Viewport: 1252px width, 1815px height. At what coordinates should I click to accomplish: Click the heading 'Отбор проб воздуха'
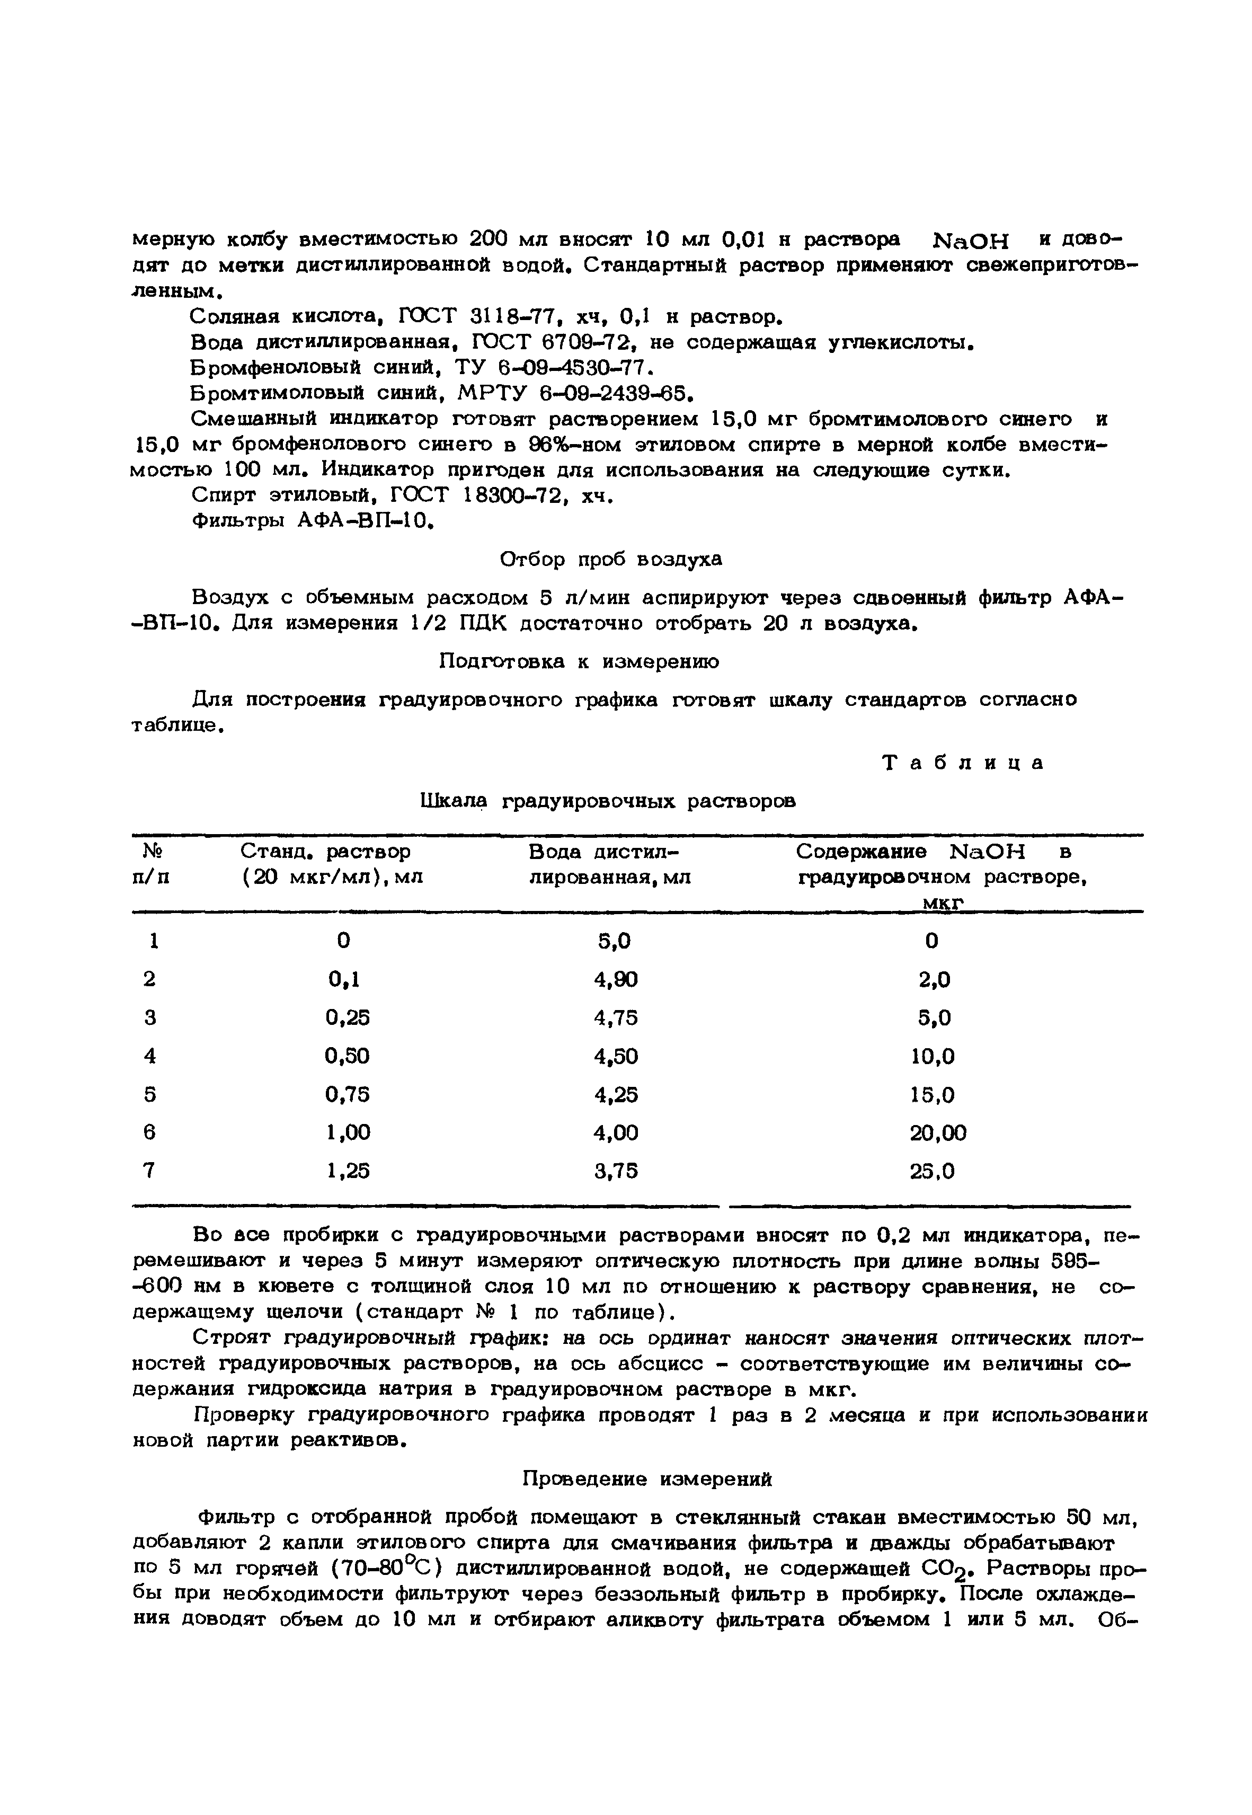611,560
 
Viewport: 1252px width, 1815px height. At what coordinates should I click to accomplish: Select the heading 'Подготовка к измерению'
578,661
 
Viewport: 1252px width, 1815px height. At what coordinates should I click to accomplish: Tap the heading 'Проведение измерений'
647,1480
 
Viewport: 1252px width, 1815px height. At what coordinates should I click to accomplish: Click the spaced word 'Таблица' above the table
963,763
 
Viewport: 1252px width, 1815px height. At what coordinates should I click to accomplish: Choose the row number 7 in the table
150,1171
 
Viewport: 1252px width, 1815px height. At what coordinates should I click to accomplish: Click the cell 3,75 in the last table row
616,1171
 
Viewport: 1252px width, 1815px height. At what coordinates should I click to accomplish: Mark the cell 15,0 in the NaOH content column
932,1094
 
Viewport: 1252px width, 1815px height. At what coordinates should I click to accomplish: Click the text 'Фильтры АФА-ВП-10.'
312,521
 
